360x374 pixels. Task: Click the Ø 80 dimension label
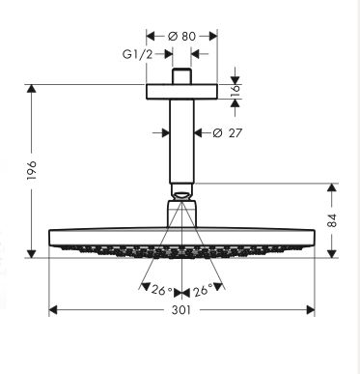click(181, 36)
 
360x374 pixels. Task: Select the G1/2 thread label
click(137, 54)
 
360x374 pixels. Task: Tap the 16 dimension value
click(235, 91)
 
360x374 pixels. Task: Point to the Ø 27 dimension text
click(227, 132)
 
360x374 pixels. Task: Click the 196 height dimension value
click(32, 171)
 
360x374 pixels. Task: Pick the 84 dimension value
click(332, 220)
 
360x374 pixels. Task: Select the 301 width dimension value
click(181, 310)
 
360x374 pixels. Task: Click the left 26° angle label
click(162, 291)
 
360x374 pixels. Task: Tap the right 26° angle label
click(203, 291)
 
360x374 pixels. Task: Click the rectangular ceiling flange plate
click(182, 92)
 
